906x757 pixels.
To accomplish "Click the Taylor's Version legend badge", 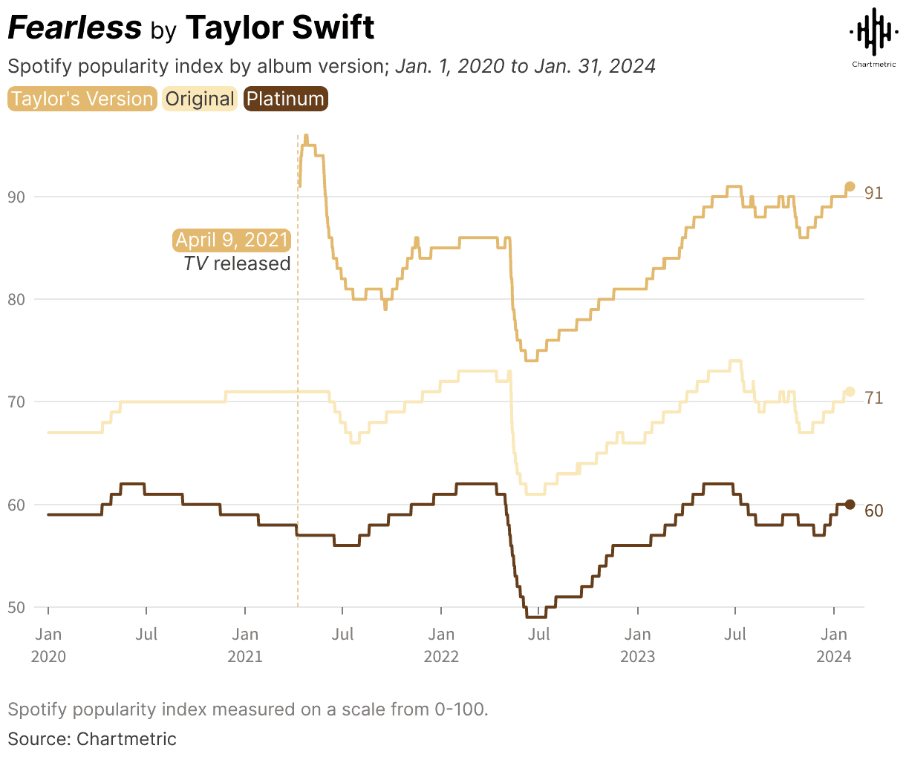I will click(x=82, y=99).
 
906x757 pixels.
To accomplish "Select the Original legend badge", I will click(x=200, y=99).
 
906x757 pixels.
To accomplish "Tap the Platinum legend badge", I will click(x=285, y=99).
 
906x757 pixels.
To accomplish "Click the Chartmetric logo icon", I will click(x=873, y=34).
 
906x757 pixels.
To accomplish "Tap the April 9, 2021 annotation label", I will click(x=232, y=240).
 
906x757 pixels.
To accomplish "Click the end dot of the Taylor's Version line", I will click(x=850, y=187).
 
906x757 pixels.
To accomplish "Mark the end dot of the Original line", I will click(x=850, y=392).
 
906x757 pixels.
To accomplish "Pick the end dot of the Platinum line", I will click(x=850, y=505).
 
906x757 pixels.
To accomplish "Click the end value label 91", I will click(x=874, y=194).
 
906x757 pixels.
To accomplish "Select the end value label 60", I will click(x=874, y=511).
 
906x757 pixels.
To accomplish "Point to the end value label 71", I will click(x=874, y=399).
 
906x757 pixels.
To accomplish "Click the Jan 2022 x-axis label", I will click(x=441, y=645).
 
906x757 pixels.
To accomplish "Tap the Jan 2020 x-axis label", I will click(x=48, y=645).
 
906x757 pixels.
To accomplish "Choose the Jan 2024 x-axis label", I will click(x=834, y=645).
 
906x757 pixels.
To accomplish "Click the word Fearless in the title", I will click(x=74, y=28).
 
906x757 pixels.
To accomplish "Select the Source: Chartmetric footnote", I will click(x=92, y=739).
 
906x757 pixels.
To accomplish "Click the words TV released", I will click(x=237, y=264).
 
